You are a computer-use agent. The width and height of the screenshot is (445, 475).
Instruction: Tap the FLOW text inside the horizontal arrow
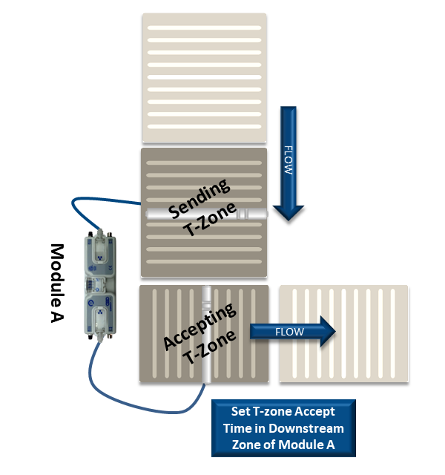click(289, 332)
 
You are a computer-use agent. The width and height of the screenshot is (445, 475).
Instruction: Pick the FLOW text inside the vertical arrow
click(289, 159)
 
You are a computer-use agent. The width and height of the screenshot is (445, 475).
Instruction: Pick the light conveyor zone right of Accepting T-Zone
click(343, 334)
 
